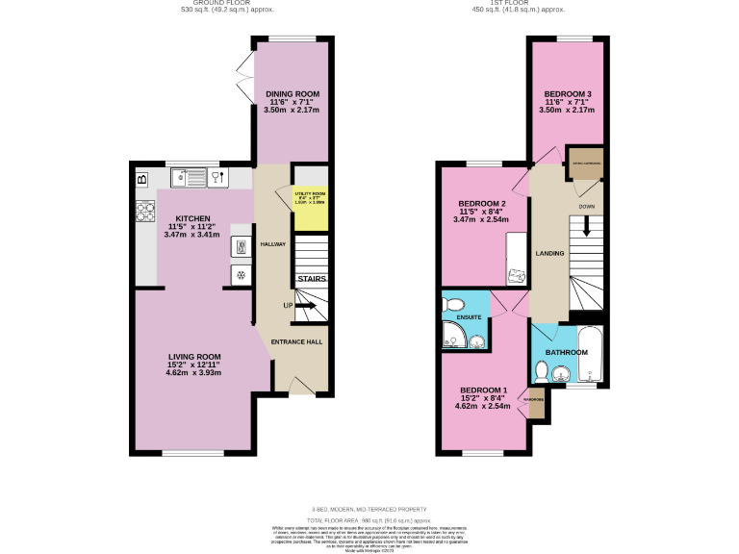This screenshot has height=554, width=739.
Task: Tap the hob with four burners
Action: [x=146, y=212]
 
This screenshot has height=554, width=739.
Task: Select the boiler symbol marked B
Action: [x=142, y=178]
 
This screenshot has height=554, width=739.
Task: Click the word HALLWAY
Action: [x=273, y=244]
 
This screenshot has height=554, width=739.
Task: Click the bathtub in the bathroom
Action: [x=589, y=354]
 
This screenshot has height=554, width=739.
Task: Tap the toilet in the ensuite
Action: [x=452, y=305]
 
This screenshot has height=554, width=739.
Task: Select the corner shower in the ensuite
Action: [x=452, y=336]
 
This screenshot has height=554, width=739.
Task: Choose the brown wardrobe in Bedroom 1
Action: [x=535, y=405]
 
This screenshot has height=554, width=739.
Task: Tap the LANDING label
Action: [x=548, y=253]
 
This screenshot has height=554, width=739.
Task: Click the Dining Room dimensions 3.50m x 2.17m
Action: [x=293, y=110]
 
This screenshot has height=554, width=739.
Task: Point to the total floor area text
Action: [x=369, y=517]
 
